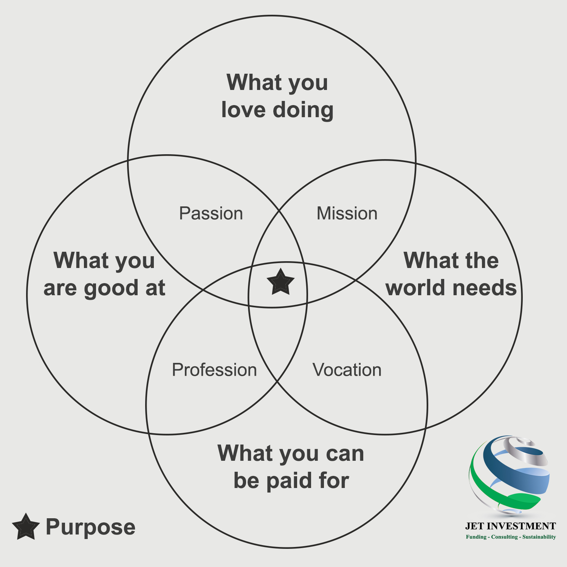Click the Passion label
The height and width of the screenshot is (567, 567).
point(211,214)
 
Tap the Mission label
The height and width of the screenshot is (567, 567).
point(347,214)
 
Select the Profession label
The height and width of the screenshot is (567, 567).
point(214,370)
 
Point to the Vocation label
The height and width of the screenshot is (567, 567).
point(347,370)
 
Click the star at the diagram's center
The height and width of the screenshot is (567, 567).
point(280,282)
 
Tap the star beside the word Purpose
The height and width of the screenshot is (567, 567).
point(26,527)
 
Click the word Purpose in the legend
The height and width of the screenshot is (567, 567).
point(90,527)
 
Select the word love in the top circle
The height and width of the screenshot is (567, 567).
point(243,110)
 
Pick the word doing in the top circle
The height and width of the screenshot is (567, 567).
point(303,110)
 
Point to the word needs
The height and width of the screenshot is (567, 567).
point(485,288)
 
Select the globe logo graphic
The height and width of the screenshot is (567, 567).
point(510,476)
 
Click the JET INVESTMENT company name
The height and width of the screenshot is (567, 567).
point(510,526)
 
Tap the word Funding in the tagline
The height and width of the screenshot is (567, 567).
point(476,537)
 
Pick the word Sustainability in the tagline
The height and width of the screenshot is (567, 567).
point(539,537)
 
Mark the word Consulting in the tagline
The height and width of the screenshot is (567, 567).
point(505,537)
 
